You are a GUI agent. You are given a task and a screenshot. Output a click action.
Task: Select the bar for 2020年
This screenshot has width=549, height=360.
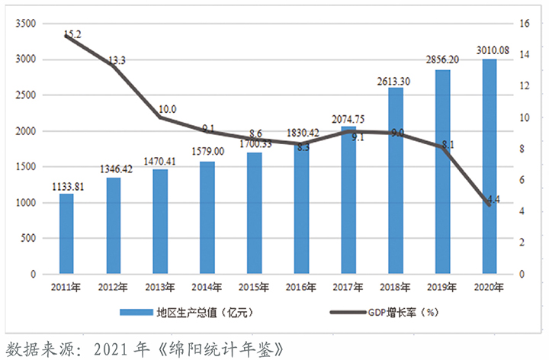click(x=490, y=166)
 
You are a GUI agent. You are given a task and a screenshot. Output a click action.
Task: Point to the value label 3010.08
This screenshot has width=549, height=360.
click(x=490, y=50)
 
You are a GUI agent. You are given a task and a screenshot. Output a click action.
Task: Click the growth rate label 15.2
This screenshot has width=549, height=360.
click(x=73, y=34)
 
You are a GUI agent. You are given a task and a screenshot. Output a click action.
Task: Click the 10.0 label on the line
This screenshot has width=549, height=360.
click(x=167, y=110)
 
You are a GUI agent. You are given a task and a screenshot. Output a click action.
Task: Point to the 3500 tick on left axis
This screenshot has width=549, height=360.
click(x=26, y=24)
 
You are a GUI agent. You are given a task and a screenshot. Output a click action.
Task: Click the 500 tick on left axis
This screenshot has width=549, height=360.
click(x=29, y=238)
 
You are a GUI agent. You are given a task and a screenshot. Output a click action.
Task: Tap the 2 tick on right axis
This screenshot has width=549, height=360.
click(x=522, y=243)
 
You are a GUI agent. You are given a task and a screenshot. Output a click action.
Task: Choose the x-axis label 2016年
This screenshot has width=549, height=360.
click(x=302, y=288)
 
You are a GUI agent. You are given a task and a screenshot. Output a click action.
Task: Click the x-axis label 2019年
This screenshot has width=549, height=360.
click(x=443, y=288)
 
